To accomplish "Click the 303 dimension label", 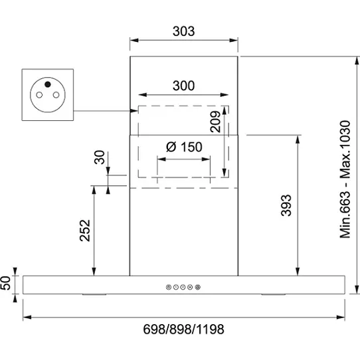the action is point(184,31).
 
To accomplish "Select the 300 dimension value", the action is point(184,86).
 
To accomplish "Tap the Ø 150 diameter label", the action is point(184,147).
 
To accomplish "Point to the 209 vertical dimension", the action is point(215,122).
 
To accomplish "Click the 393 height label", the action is point(286,205).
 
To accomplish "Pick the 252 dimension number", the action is point(85,230).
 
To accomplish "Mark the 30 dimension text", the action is point(100,157).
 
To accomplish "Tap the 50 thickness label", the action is point(5,283).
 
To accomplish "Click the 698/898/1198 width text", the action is point(184,329).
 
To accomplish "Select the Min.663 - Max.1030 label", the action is point(345,179).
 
